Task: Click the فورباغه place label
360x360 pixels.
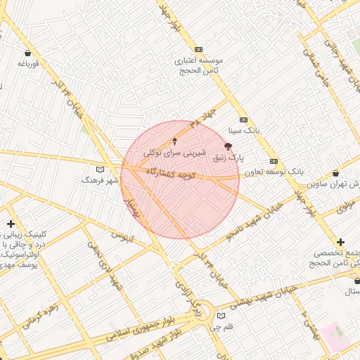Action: click(x=27, y=64)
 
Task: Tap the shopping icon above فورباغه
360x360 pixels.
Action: click(x=27, y=53)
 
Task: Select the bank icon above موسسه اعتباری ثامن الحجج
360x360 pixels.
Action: click(x=199, y=49)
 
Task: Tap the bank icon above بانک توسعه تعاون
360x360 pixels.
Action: click(x=274, y=161)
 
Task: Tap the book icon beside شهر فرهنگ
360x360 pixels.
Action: click(x=100, y=169)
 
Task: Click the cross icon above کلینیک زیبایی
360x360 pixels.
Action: click(x=11, y=224)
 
